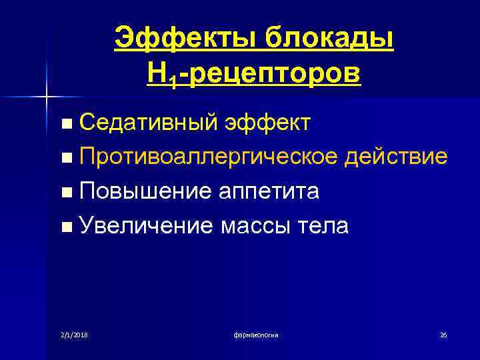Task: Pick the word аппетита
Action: pyautogui.click(x=269, y=192)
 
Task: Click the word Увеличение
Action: pyautogui.click(x=145, y=227)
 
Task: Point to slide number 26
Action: pyautogui.click(x=443, y=334)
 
